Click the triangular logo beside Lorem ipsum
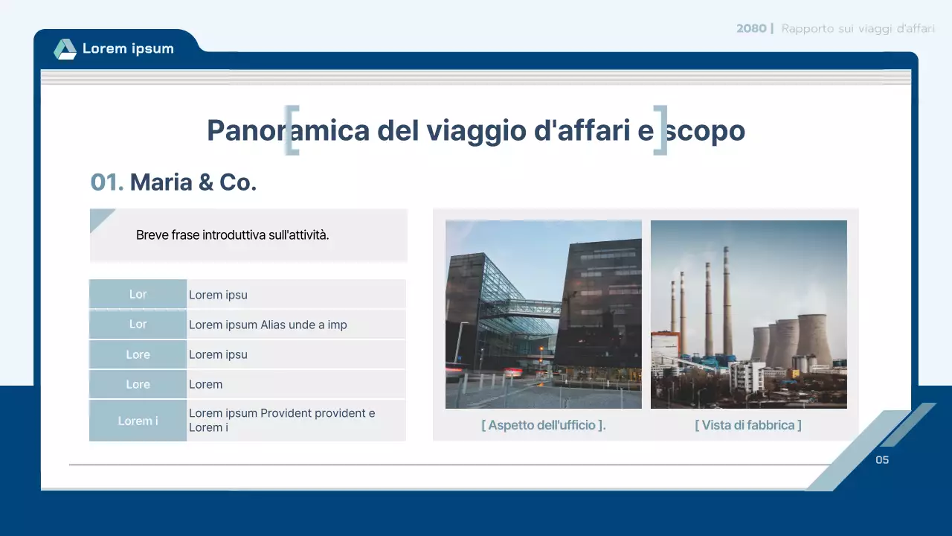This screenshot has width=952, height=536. [x=65, y=49]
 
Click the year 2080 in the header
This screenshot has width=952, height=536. [x=751, y=28]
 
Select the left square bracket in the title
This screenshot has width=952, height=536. [x=292, y=130]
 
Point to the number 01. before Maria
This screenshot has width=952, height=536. [x=106, y=182]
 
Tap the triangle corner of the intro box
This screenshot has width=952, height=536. [x=99, y=218]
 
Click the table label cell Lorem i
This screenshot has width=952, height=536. [x=138, y=421]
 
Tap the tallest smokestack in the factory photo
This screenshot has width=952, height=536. [x=726, y=301]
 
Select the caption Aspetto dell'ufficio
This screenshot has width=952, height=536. [x=543, y=425]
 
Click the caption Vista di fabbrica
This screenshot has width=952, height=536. [x=748, y=425]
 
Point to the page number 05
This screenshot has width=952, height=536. [x=882, y=460]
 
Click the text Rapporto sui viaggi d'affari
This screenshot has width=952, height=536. [x=858, y=28]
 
